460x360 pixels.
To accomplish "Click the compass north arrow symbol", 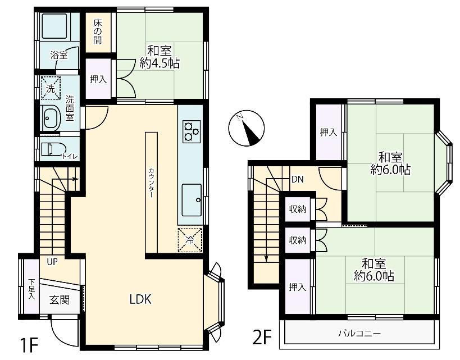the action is pyautogui.click(x=247, y=128).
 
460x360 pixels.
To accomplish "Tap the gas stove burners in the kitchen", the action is pyautogui.click(x=192, y=131).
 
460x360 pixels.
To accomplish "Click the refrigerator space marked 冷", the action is pyautogui.click(x=190, y=240).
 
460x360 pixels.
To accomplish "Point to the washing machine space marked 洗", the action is pyautogui.click(x=51, y=88).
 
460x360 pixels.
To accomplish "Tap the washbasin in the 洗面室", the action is pyautogui.click(x=51, y=118).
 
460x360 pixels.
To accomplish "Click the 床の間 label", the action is pyautogui.click(x=98, y=31).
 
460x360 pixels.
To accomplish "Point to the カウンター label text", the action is pyautogui.click(x=151, y=182).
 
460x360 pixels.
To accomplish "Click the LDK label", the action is pyautogui.click(x=140, y=299).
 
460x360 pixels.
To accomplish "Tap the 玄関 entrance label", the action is pyautogui.click(x=60, y=300).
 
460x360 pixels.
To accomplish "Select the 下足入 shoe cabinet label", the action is pyautogui.click(x=31, y=289).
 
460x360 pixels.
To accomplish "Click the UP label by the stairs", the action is pyautogui.click(x=52, y=262).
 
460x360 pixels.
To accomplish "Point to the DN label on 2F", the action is pyautogui.click(x=298, y=179).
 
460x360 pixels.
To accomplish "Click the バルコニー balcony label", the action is pyautogui.click(x=359, y=334).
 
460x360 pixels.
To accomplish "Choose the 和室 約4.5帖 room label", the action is pyautogui.click(x=160, y=57).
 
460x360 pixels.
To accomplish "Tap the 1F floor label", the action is pyautogui.click(x=29, y=346).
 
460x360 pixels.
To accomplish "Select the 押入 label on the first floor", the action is pyautogui.click(x=98, y=79).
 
